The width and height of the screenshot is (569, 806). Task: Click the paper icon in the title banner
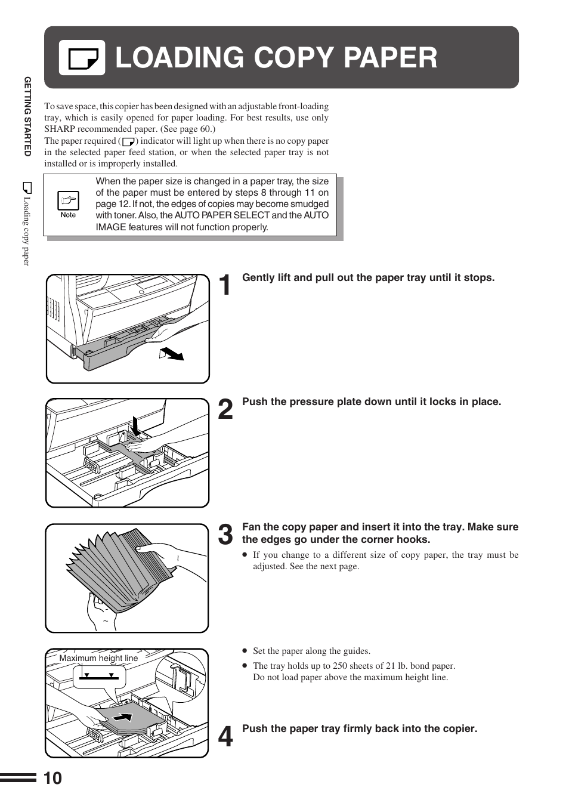pos(82,58)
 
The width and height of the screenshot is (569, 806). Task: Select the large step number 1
pos(224,286)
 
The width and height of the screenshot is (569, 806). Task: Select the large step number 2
pos(225,410)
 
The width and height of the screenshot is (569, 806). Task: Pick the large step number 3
pos(225,535)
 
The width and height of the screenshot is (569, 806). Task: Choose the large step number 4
pos(225,737)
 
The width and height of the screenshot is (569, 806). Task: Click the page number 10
pos(52,778)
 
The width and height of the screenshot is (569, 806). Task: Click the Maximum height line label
pos(98,658)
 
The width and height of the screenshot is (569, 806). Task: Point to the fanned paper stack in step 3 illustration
pos(119,567)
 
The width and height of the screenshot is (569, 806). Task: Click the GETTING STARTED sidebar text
pos(27,116)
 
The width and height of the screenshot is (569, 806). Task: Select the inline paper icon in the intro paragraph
pos(128,141)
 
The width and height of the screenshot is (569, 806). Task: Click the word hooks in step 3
pos(415,539)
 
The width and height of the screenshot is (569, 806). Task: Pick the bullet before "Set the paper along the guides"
pos(245,651)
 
